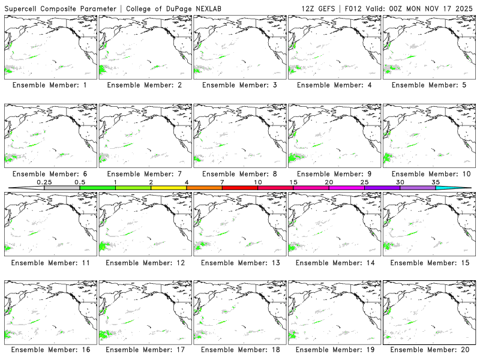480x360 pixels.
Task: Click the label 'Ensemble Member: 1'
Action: [x=49, y=85]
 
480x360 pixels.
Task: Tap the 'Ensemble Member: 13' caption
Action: [x=238, y=263]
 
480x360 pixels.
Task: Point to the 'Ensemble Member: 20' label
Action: [x=427, y=350]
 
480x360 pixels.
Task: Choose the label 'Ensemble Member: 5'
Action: [x=427, y=85]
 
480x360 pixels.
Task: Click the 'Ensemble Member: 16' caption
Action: [x=49, y=350]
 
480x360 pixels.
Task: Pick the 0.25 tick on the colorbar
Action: [x=44, y=182]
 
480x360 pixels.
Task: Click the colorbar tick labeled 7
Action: [x=222, y=182]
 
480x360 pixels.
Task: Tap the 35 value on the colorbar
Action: [x=436, y=182]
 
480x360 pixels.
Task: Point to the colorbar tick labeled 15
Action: [x=293, y=182]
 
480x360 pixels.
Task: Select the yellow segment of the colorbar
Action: [x=169, y=188]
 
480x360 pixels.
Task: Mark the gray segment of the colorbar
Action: [x=62, y=188]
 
